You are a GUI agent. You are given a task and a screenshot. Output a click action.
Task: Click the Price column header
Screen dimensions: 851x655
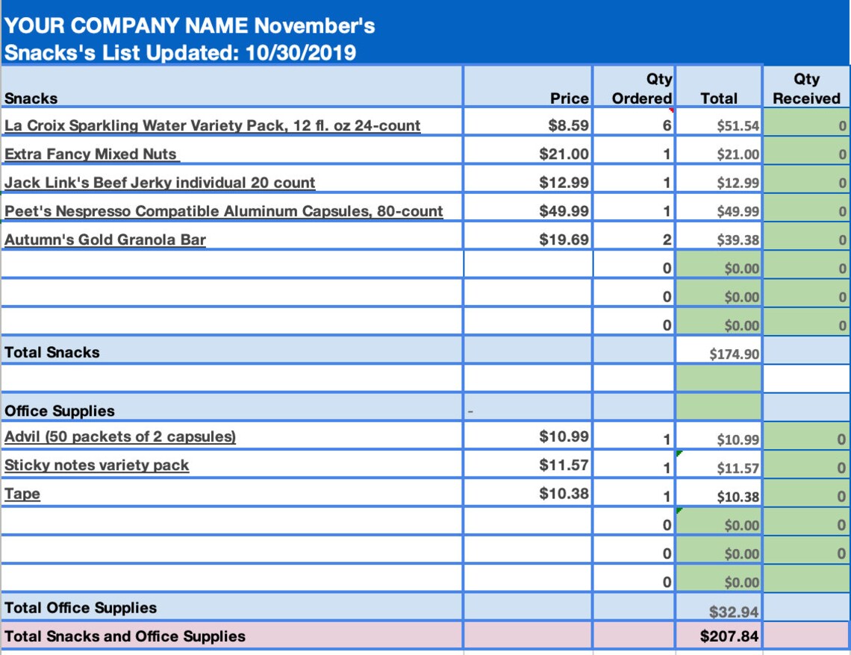570,98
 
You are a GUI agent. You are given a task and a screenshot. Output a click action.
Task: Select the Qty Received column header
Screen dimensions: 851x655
806,88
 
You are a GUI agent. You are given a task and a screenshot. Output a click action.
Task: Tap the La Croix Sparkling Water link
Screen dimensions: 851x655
212,125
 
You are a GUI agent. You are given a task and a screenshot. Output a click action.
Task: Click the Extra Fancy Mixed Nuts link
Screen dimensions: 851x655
90,154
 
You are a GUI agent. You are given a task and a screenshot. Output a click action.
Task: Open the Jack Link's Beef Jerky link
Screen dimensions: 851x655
160,183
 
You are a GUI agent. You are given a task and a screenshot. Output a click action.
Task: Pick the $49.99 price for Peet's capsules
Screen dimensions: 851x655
564,211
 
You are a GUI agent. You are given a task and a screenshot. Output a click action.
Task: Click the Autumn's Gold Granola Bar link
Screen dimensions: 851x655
105,239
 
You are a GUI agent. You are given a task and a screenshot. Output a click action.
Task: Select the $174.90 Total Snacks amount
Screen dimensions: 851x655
735,354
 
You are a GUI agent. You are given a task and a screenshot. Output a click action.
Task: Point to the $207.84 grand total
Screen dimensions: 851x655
729,636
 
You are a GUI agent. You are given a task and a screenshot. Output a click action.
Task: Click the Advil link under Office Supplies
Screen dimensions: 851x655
120,436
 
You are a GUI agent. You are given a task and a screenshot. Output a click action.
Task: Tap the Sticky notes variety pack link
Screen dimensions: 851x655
96,466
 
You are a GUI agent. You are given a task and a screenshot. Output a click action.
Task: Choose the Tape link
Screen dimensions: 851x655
22,494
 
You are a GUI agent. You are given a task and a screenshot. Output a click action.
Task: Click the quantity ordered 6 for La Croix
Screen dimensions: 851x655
667,126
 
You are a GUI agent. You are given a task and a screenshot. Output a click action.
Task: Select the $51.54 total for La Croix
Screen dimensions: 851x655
738,126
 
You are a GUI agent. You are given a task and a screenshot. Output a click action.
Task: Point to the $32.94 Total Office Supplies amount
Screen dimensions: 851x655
734,612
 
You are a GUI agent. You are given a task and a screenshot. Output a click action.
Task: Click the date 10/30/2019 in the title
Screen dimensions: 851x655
301,53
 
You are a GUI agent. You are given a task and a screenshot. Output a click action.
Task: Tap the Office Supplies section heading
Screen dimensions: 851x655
60,411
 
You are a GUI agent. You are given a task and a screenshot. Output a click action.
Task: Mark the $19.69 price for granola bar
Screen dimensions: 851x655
564,239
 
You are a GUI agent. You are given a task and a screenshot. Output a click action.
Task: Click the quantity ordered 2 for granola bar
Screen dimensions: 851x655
667,239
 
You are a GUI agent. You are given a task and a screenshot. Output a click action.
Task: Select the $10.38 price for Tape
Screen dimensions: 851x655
564,493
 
